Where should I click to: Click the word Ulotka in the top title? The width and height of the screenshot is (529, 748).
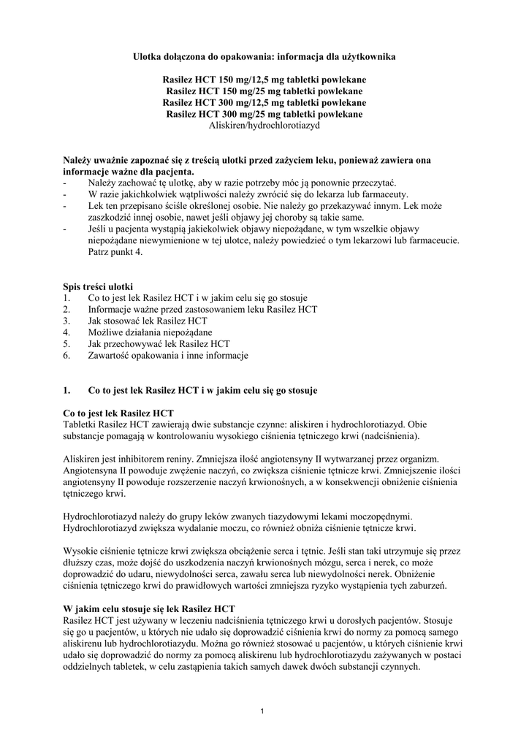[x=150, y=55]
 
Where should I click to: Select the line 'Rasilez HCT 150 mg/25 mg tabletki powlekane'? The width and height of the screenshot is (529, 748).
[x=264, y=91]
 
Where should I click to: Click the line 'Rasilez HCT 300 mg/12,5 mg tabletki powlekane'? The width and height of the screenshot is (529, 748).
[x=264, y=102]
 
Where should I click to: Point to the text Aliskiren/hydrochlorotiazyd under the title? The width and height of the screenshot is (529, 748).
[x=264, y=126]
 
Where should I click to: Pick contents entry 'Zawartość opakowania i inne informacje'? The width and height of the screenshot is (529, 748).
[x=168, y=356]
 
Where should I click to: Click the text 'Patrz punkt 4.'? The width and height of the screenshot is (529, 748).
[x=116, y=252]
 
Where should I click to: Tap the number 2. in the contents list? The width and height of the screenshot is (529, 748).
[x=67, y=309]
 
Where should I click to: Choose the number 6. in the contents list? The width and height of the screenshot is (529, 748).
[x=67, y=356]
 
